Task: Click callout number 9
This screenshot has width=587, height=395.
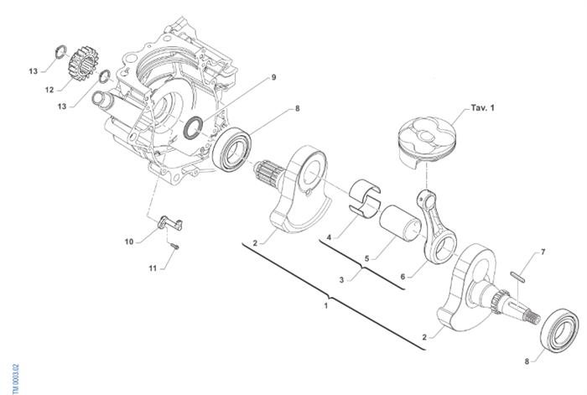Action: [x=273, y=78]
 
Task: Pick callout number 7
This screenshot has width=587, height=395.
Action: [x=543, y=252]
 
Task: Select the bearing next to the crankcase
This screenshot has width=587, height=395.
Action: [x=233, y=149]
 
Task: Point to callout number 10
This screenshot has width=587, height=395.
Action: [x=129, y=242]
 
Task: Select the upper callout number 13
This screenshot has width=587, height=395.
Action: [x=34, y=71]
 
